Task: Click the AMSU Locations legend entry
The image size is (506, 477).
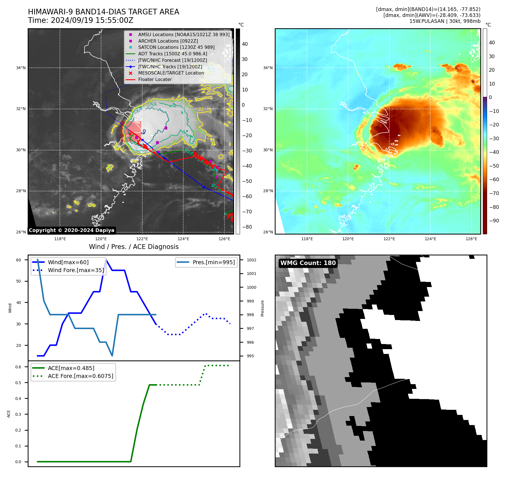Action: point(184,34)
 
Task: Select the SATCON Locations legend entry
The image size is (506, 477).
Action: point(176,47)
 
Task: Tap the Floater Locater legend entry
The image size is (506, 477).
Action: point(155,79)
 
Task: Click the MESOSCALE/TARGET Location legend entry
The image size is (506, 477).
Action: point(171,73)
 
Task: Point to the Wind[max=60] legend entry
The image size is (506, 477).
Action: point(68,262)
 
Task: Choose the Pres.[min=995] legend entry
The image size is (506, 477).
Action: point(213,262)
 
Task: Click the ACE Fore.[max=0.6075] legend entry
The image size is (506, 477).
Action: point(80,376)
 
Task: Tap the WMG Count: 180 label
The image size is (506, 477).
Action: point(308,263)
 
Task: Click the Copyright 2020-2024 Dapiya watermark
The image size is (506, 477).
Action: point(71,230)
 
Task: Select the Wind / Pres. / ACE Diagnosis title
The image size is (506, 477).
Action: point(134,247)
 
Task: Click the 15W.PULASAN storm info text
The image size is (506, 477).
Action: point(445,21)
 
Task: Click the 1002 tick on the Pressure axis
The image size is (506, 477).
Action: point(251,260)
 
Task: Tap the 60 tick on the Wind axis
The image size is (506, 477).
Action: point(19,260)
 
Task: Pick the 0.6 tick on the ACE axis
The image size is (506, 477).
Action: point(18,367)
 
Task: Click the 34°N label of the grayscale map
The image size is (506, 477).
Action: point(21,68)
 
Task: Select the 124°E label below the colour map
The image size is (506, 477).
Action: point(430,239)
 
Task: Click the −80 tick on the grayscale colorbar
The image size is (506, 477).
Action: point(247,227)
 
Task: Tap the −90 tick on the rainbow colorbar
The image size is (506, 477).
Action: point(494,221)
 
